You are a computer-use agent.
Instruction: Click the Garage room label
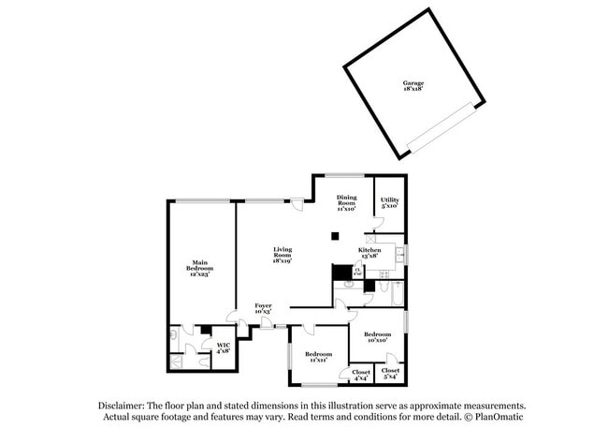pyautogui.click(x=413, y=86)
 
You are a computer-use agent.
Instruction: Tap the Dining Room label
pyautogui.click(x=347, y=202)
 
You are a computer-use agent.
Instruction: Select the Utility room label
pyautogui.click(x=389, y=202)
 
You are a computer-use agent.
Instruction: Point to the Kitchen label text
pyautogui.click(x=369, y=253)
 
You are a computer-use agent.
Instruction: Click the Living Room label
pyautogui.click(x=282, y=255)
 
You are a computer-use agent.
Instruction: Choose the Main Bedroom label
pyautogui.click(x=199, y=268)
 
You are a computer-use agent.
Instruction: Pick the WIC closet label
pyautogui.click(x=224, y=348)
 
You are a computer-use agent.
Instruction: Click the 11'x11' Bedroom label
pyautogui.click(x=318, y=357)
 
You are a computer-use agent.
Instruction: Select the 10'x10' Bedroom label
pyautogui.click(x=377, y=337)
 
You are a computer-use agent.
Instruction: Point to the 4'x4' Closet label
pyautogui.click(x=361, y=375)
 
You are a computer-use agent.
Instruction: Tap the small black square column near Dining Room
pyautogui.click(x=333, y=237)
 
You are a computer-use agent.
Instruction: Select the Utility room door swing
pyautogui.click(x=378, y=223)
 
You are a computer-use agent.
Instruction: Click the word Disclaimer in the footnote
pyautogui.click(x=127, y=406)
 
